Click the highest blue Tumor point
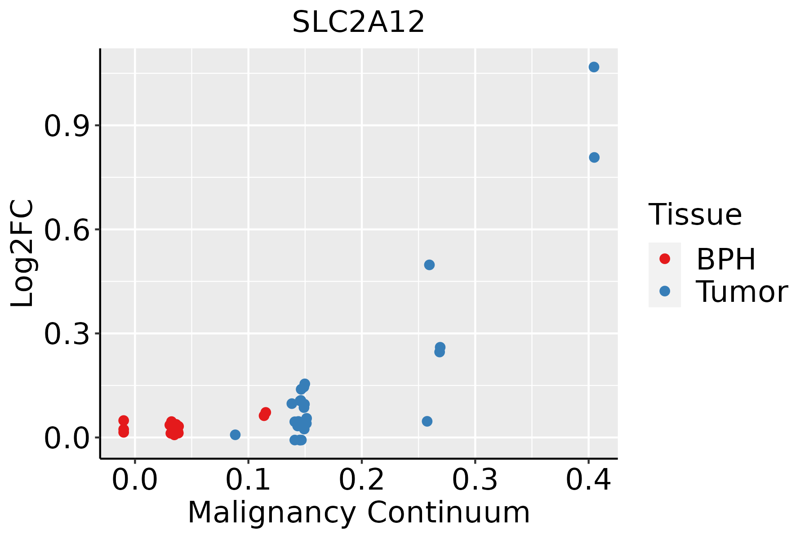(x=594, y=67)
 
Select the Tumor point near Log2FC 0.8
(x=594, y=158)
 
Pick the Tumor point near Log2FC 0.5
(x=429, y=265)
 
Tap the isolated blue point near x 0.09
(x=235, y=435)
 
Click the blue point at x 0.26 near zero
(x=427, y=421)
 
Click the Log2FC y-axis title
(x=22, y=254)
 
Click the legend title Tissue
(x=695, y=215)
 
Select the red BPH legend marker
(x=664, y=259)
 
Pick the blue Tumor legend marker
(x=664, y=292)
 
